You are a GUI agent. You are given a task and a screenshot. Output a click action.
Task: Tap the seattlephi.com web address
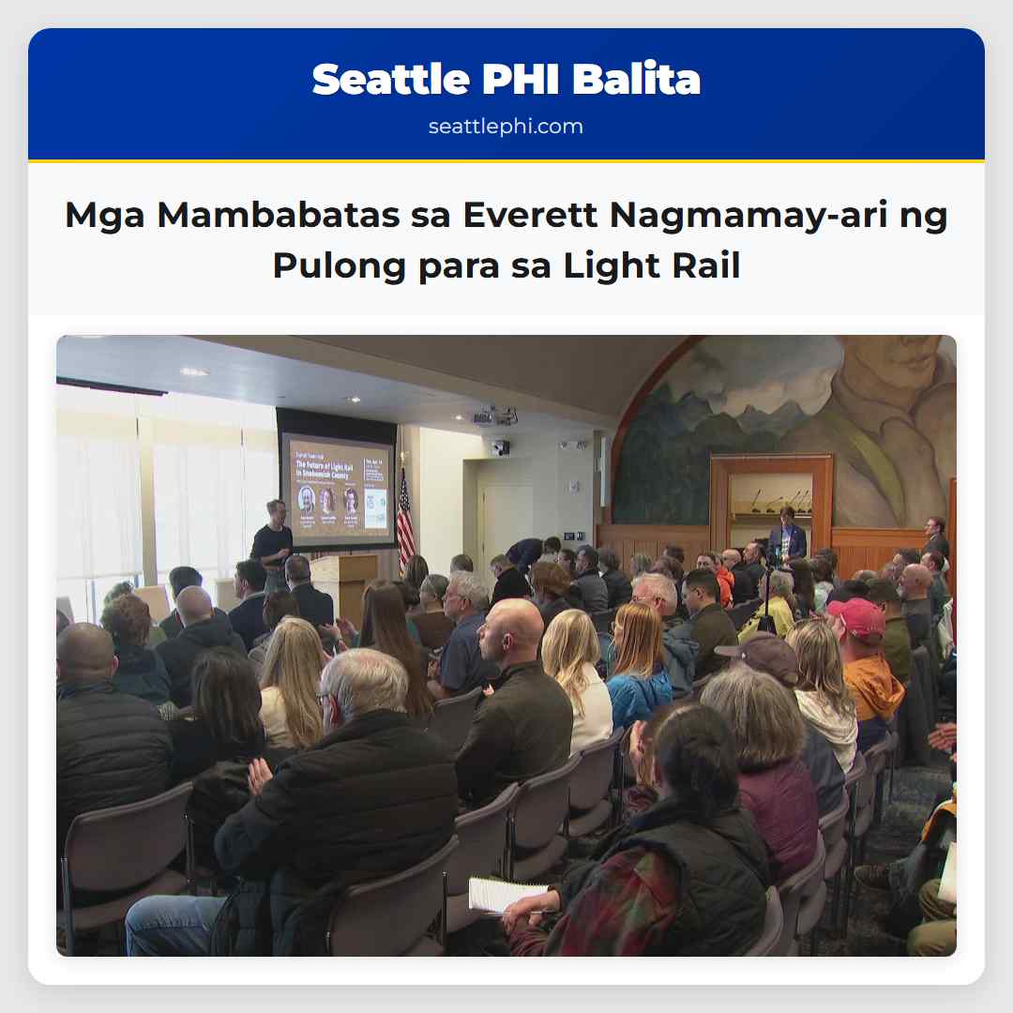(506, 127)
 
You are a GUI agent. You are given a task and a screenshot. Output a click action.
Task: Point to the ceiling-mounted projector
(494, 416)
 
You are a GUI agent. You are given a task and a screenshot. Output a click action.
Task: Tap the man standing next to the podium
(272, 542)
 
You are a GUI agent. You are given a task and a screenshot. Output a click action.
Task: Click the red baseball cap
(854, 616)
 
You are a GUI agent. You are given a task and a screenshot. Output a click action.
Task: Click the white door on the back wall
(506, 519)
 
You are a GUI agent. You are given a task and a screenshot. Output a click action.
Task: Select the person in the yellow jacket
(777, 612)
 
